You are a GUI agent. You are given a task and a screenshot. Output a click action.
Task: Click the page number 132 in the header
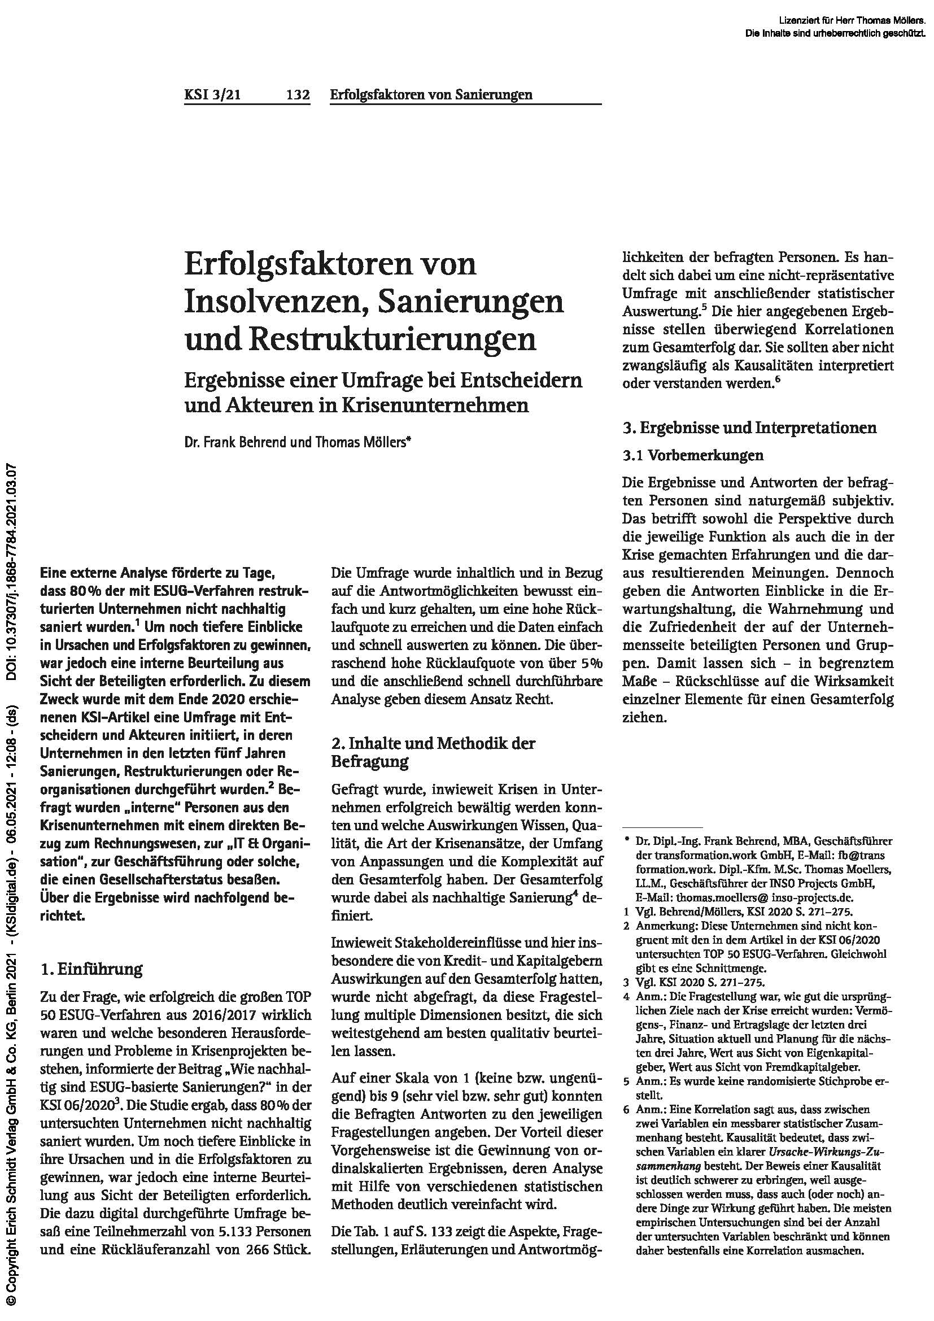click(298, 95)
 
